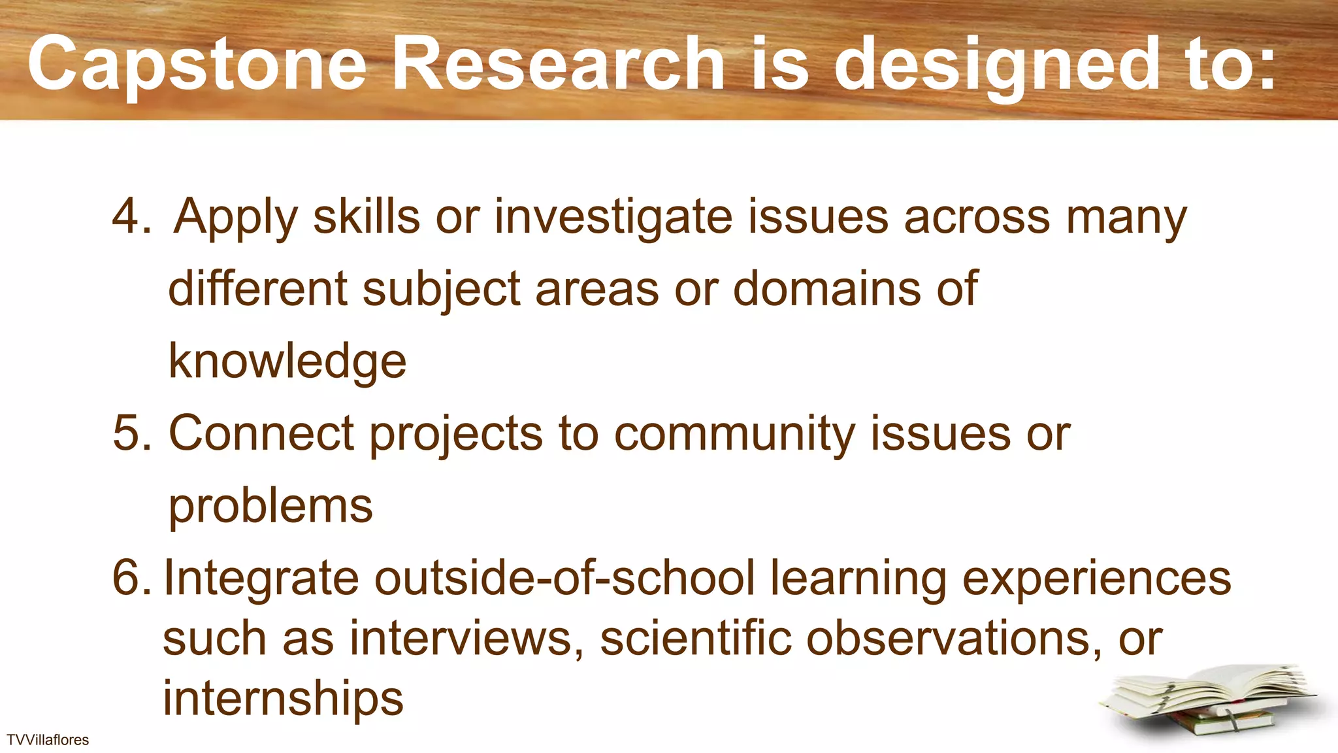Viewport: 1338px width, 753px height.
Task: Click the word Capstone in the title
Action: pos(197,65)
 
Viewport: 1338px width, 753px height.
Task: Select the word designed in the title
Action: pos(996,65)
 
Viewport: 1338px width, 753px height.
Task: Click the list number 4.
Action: pos(131,216)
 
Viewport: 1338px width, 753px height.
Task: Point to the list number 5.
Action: pos(131,433)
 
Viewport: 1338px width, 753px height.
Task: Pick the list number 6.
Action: pos(131,578)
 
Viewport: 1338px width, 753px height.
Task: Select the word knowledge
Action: pos(287,361)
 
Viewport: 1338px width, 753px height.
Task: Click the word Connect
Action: pos(261,433)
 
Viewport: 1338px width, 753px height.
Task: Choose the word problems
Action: pos(270,507)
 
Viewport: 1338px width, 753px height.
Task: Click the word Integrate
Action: pos(261,579)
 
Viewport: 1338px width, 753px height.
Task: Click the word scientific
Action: pos(695,638)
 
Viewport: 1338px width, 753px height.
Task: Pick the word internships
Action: pos(283,698)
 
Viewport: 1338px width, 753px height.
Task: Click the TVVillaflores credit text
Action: pos(48,740)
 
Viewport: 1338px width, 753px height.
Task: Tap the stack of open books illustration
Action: pos(1209,703)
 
